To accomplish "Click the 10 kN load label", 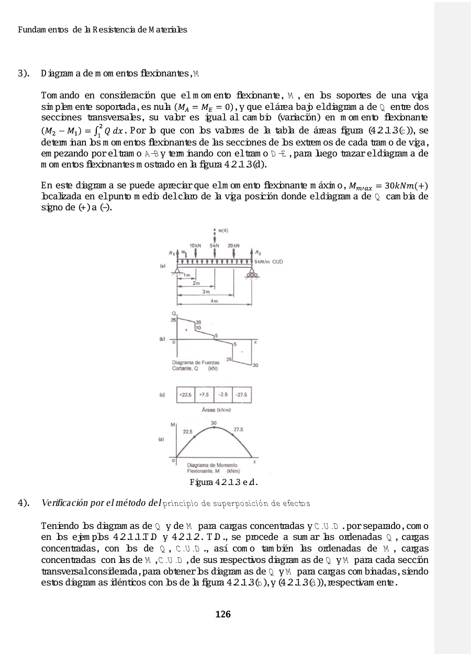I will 195,245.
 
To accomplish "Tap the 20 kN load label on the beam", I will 233,245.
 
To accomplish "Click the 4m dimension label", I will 214,301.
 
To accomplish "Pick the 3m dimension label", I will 207,292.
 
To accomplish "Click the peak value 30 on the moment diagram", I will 214,423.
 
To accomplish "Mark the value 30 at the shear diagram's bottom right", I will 255,365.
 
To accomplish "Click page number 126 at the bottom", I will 223,614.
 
